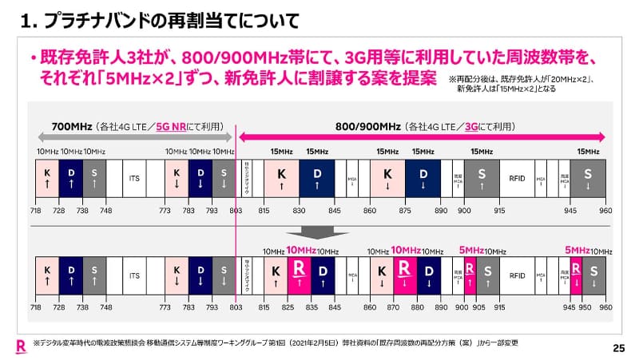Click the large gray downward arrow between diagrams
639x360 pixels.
pos(319,231)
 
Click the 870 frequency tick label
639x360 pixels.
pos(391,307)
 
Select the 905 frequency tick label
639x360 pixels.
pos(478,307)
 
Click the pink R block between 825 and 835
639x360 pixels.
pos(299,276)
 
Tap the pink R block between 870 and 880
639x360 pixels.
pos(404,276)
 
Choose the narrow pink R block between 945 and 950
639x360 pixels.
pos(577,276)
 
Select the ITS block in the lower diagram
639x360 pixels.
pos(134,276)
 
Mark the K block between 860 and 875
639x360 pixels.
pos(387,177)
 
